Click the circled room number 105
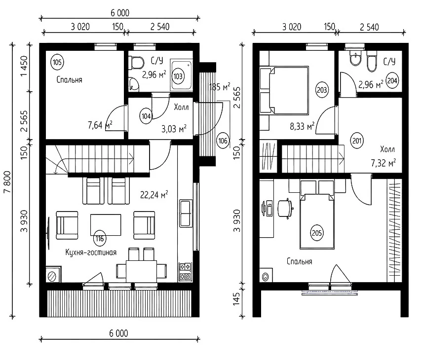pyautogui.click(x=57, y=62)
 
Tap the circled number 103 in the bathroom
pyautogui.click(x=178, y=76)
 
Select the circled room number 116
pyautogui.click(x=100, y=239)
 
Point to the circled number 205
pyautogui.click(x=317, y=233)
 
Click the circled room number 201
pyautogui.click(x=357, y=141)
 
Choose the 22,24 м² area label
pyautogui.click(x=154, y=194)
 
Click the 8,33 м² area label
pyautogui.click(x=302, y=126)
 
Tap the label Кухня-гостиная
pyautogui.click(x=91, y=252)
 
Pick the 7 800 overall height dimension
pyautogui.click(x=7, y=182)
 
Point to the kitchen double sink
pyautogui.click(x=186, y=213)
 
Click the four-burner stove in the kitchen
pyautogui.click(x=186, y=272)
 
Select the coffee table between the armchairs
pyautogui.click(x=106, y=225)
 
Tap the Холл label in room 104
pyautogui.click(x=181, y=108)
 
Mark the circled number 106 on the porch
pyautogui.click(x=223, y=141)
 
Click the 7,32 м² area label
pyautogui.click(x=383, y=163)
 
